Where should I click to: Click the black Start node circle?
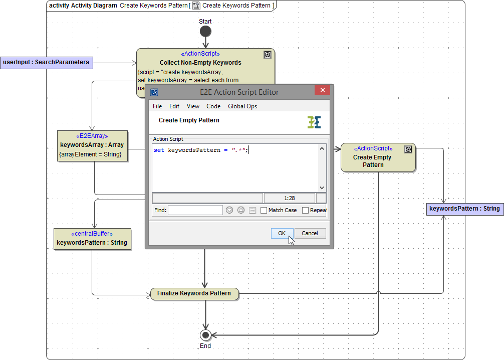point(205,32)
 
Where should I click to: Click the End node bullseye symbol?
point(205,335)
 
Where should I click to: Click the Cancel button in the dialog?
point(310,233)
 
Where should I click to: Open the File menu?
point(157,106)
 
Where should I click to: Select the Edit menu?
point(174,106)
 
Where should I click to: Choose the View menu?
point(193,106)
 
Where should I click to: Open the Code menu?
point(213,106)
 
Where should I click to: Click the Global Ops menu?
point(242,106)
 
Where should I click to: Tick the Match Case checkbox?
point(264,211)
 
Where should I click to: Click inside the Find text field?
point(195,210)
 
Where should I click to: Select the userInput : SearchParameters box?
point(46,63)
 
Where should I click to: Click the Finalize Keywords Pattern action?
point(194,294)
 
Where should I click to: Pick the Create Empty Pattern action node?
point(378,157)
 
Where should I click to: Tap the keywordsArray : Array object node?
point(92,145)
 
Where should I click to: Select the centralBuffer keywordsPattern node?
point(92,239)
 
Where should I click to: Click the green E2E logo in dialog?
point(314,122)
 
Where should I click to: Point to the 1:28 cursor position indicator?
point(289,198)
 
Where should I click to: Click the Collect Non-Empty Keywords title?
point(200,63)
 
